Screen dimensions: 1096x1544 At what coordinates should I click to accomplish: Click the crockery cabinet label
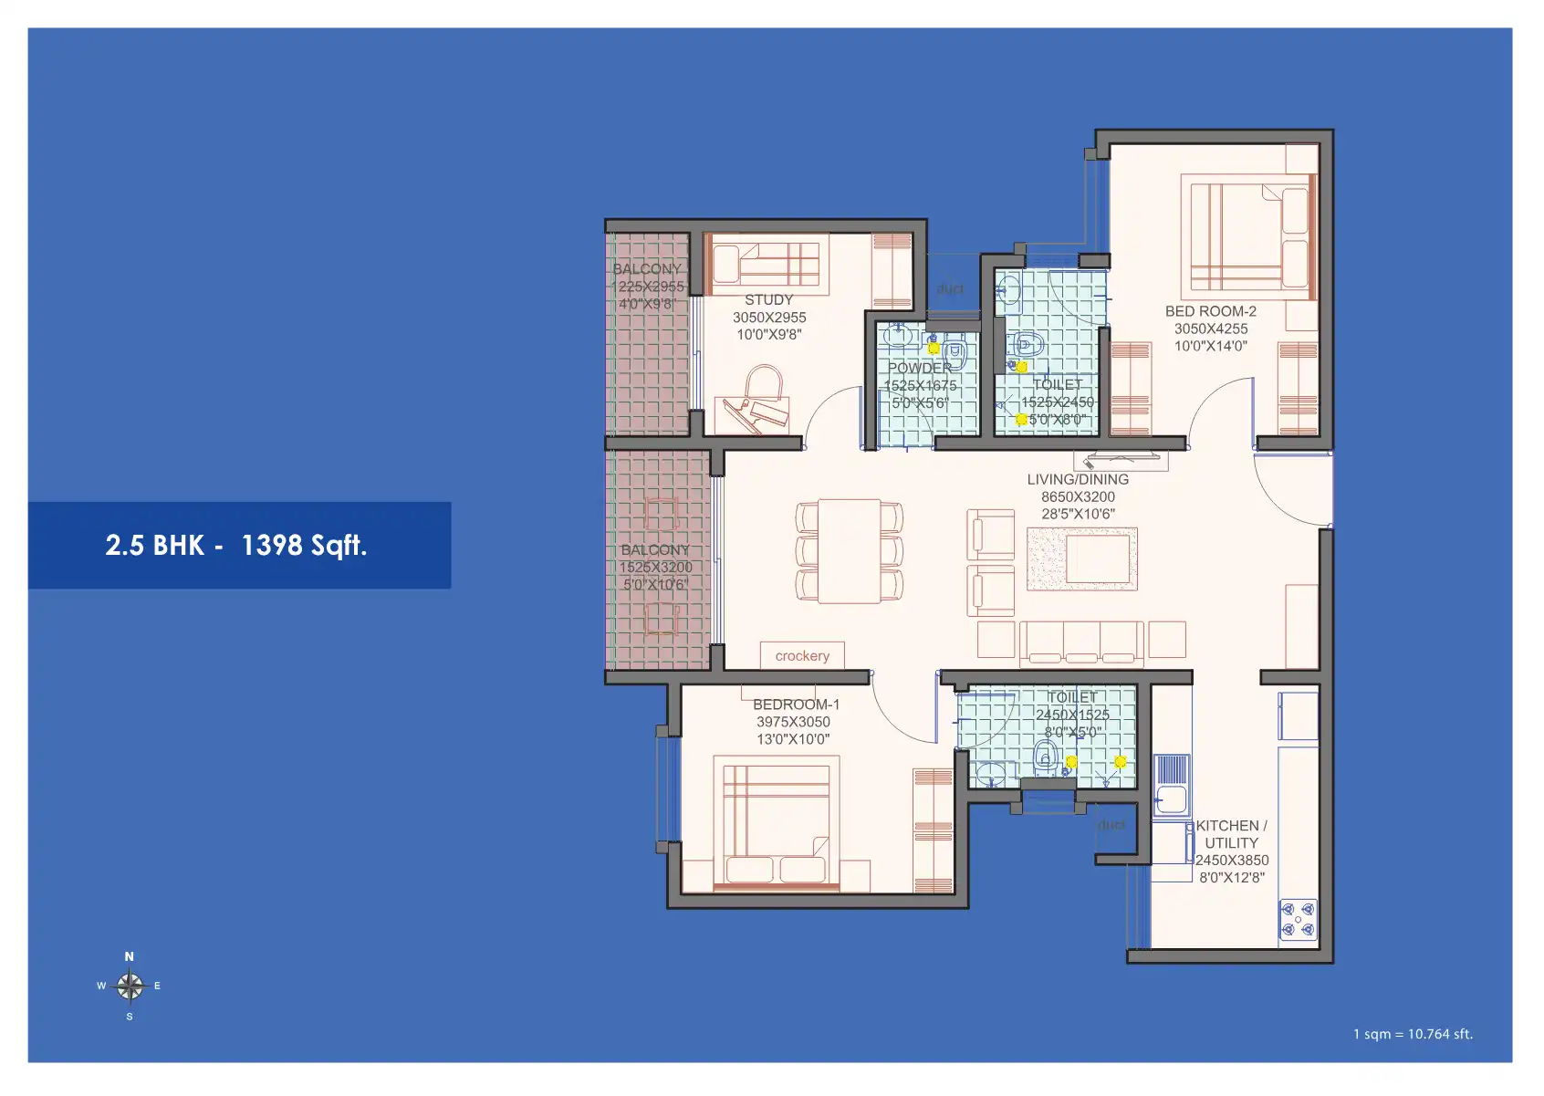coord(802,655)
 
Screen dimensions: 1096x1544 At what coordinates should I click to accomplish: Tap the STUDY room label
coord(768,299)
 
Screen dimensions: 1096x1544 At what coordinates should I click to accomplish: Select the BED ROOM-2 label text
coord(1210,311)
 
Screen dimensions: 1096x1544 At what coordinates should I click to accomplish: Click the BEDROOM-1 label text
coord(796,705)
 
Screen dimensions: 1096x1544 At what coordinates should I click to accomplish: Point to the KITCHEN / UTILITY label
coord(1231,834)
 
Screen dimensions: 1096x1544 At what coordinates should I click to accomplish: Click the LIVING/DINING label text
coord(1078,479)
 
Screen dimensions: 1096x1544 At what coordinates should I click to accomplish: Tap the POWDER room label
coord(920,368)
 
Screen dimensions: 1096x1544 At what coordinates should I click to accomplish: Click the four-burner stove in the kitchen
coord(1298,919)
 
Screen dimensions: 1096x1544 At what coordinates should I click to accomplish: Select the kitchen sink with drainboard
coord(1171,784)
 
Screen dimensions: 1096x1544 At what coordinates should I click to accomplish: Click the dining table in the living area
coord(849,551)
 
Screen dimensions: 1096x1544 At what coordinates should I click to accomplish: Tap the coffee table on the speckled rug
coord(1097,558)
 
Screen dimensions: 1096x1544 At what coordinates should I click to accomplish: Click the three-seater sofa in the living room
coord(1081,642)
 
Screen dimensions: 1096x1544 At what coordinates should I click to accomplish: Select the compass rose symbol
coord(130,986)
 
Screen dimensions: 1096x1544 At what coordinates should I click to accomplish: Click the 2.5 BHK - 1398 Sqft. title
coord(236,545)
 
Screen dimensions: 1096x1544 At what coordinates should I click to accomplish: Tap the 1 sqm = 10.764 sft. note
coord(1413,1034)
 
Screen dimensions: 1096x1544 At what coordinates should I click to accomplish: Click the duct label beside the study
coord(950,288)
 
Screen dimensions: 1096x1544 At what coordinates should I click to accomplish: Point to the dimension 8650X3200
coord(1078,496)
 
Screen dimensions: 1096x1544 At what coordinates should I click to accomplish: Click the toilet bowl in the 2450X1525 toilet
coord(1047,756)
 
